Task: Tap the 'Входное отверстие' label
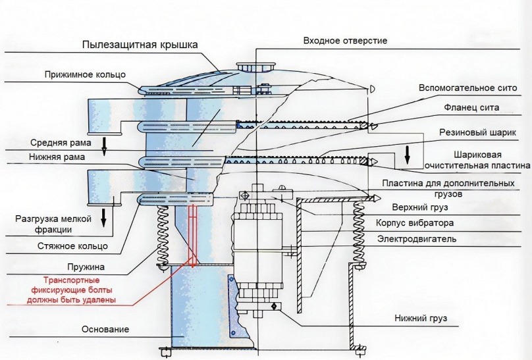(345, 41)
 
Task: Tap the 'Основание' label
(105, 329)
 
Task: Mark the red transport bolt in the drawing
(193, 234)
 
